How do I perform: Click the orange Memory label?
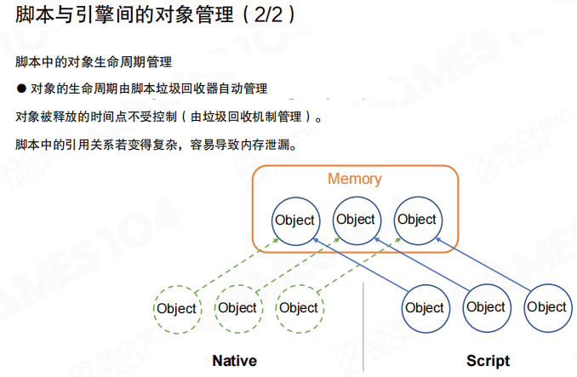pyautogui.click(x=355, y=179)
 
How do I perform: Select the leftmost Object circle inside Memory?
pyautogui.click(x=294, y=220)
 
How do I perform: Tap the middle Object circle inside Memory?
pyautogui.click(x=356, y=220)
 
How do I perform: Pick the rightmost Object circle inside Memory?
pyautogui.click(x=417, y=220)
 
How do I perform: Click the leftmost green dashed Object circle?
pyautogui.click(x=177, y=308)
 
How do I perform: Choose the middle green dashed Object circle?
pyautogui.click(x=237, y=308)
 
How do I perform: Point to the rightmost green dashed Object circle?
pyautogui.click(x=299, y=308)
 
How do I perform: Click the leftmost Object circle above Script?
pyautogui.click(x=425, y=308)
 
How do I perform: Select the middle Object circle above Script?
pyautogui.click(x=486, y=307)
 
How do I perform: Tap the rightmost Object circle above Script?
pyautogui.click(x=546, y=307)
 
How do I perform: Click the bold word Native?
pyautogui.click(x=234, y=360)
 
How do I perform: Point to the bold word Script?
pyautogui.click(x=488, y=360)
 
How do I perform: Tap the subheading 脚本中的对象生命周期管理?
pyautogui.click(x=94, y=62)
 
